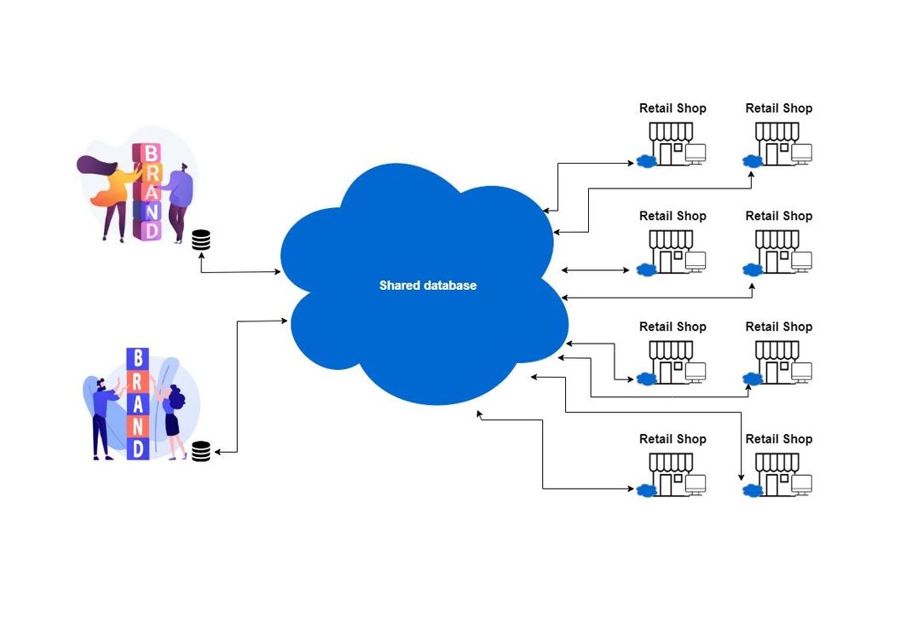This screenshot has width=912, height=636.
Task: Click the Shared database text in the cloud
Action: [x=427, y=286]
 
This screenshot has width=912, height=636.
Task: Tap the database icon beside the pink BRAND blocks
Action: [x=200, y=240]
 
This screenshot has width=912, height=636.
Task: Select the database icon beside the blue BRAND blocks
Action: [x=200, y=451]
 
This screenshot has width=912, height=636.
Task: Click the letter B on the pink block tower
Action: [x=150, y=153]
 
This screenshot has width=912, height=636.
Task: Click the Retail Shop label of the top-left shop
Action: [x=672, y=108]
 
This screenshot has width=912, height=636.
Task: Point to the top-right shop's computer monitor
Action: [x=801, y=153]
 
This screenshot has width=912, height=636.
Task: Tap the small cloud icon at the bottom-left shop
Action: [x=646, y=489]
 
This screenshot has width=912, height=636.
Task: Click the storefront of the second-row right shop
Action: [x=776, y=252]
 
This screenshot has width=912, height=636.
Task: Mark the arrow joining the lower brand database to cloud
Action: [x=237, y=384]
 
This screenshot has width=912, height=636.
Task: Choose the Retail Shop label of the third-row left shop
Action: [x=672, y=327]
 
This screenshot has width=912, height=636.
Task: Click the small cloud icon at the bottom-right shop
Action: [x=752, y=489]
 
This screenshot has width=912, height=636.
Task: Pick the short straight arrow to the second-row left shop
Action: [x=595, y=270]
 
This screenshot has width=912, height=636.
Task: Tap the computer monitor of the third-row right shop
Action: [x=801, y=372]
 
